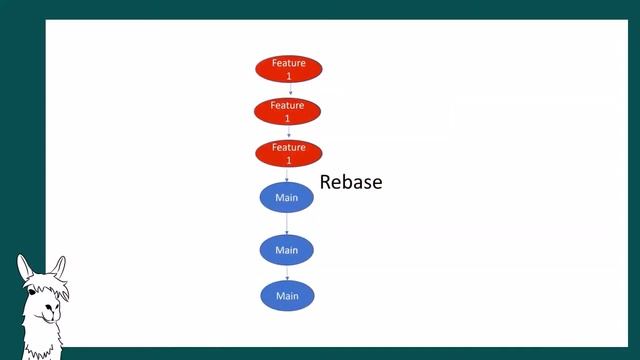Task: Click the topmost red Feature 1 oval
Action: (289, 69)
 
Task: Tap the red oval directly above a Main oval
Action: (289, 153)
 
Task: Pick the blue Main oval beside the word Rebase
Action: (287, 197)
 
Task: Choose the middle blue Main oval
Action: (287, 249)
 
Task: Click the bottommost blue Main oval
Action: (287, 296)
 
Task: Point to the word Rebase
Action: (351, 183)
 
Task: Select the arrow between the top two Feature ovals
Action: (290, 90)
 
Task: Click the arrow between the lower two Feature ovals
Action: (288, 132)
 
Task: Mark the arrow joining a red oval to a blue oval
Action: (287, 174)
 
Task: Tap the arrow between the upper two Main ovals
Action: (287, 223)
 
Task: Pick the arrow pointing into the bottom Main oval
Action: (287, 273)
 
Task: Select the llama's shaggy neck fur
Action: (40, 340)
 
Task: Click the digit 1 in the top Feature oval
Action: (289, 75)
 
